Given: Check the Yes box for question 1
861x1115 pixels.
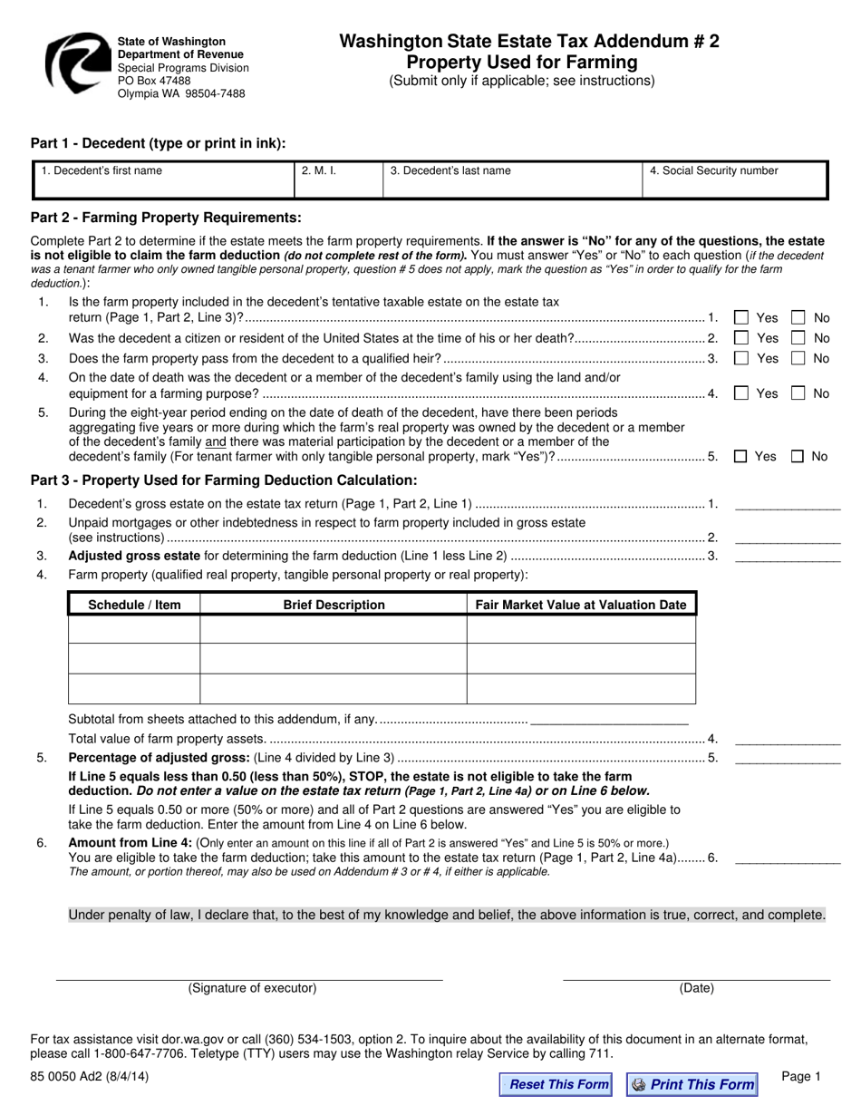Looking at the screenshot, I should (x=741, y=318).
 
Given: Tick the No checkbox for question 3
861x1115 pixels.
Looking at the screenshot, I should (x=798, y=358).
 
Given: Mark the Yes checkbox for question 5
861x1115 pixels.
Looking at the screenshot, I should (x=740, y=457).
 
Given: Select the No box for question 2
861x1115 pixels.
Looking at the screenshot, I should (x=798, y=338).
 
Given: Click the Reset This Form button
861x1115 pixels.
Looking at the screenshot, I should (x=556, y=1084).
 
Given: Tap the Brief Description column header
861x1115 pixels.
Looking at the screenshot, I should (x=334, y=605).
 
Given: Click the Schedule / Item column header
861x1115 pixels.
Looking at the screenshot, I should (x=134, y=605).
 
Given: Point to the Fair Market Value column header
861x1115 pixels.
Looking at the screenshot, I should (x=581, y=605).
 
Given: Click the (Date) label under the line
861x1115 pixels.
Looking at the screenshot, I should (x=696, y=989).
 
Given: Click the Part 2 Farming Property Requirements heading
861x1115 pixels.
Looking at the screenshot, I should (x=166, y=218).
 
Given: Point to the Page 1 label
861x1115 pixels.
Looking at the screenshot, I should (x=800, y=1077).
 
